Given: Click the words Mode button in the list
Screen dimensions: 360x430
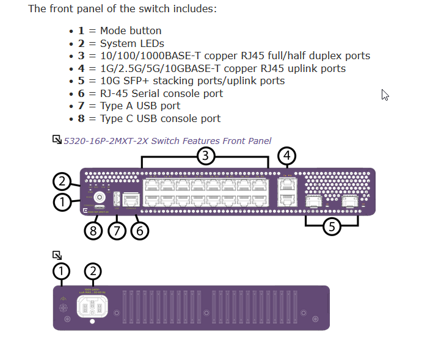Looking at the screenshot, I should (131, 31).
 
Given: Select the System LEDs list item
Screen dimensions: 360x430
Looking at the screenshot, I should (132, 43).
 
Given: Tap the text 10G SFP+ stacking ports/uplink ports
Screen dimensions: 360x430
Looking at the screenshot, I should (192, 81).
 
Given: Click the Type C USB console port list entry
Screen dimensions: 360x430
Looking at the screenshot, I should (160, 118).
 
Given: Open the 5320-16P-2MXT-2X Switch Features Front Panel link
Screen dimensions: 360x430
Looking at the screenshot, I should (167, 141).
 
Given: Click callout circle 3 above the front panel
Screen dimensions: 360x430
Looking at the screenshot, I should (206, 156).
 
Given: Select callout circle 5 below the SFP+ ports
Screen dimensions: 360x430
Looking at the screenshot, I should (331, 227).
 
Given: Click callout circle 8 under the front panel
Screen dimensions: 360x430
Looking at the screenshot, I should (93, 231).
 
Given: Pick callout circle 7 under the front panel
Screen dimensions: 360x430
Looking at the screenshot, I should (116, 231).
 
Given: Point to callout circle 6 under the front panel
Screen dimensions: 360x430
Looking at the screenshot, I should (139, 231).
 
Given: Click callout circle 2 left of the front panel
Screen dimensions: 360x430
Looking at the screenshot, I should (62, 181).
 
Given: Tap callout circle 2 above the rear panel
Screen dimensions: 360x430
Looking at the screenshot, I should (93, 271).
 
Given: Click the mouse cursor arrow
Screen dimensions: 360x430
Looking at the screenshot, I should (385, 95).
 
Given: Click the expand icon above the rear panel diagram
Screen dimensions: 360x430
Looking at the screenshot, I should (57, 255).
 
